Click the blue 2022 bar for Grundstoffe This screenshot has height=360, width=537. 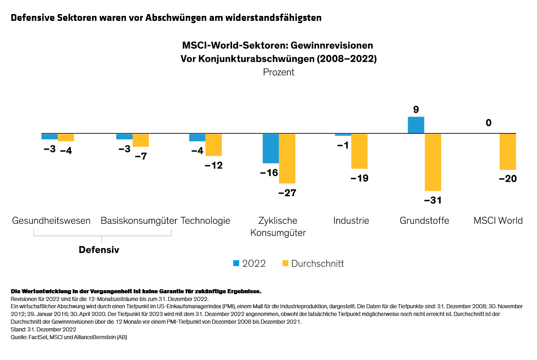(x=416, y=125)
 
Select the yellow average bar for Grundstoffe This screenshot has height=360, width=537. (x=433, y=162)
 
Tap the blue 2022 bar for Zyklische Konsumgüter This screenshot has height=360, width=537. (x=271, y=148)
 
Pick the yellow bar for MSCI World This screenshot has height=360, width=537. (x=507, y=152)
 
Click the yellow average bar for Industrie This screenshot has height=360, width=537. (x=359, y=151)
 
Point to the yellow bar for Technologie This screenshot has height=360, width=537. (x=213, y=145)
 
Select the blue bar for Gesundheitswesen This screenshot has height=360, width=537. (x=49, y=136)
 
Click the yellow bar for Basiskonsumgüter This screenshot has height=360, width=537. (x=141, y=140)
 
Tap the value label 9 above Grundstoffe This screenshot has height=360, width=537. (x=416, y=109)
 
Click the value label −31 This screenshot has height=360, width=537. (x=433, y=200)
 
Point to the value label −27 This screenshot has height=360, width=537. (x=287, y=193)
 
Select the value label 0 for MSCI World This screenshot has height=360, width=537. (x=488, y=123)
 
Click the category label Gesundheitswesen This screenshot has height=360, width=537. (x=51, y=221)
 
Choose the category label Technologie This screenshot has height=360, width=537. (x=205, y=221)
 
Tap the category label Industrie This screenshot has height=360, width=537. (x=351, y=221)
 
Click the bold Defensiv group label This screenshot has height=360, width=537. (x=99, y=250)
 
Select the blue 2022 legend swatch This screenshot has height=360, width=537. (x=236, y=263)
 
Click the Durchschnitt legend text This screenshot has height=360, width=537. (x=317, y=264)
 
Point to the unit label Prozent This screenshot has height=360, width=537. (x=279, y=72)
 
